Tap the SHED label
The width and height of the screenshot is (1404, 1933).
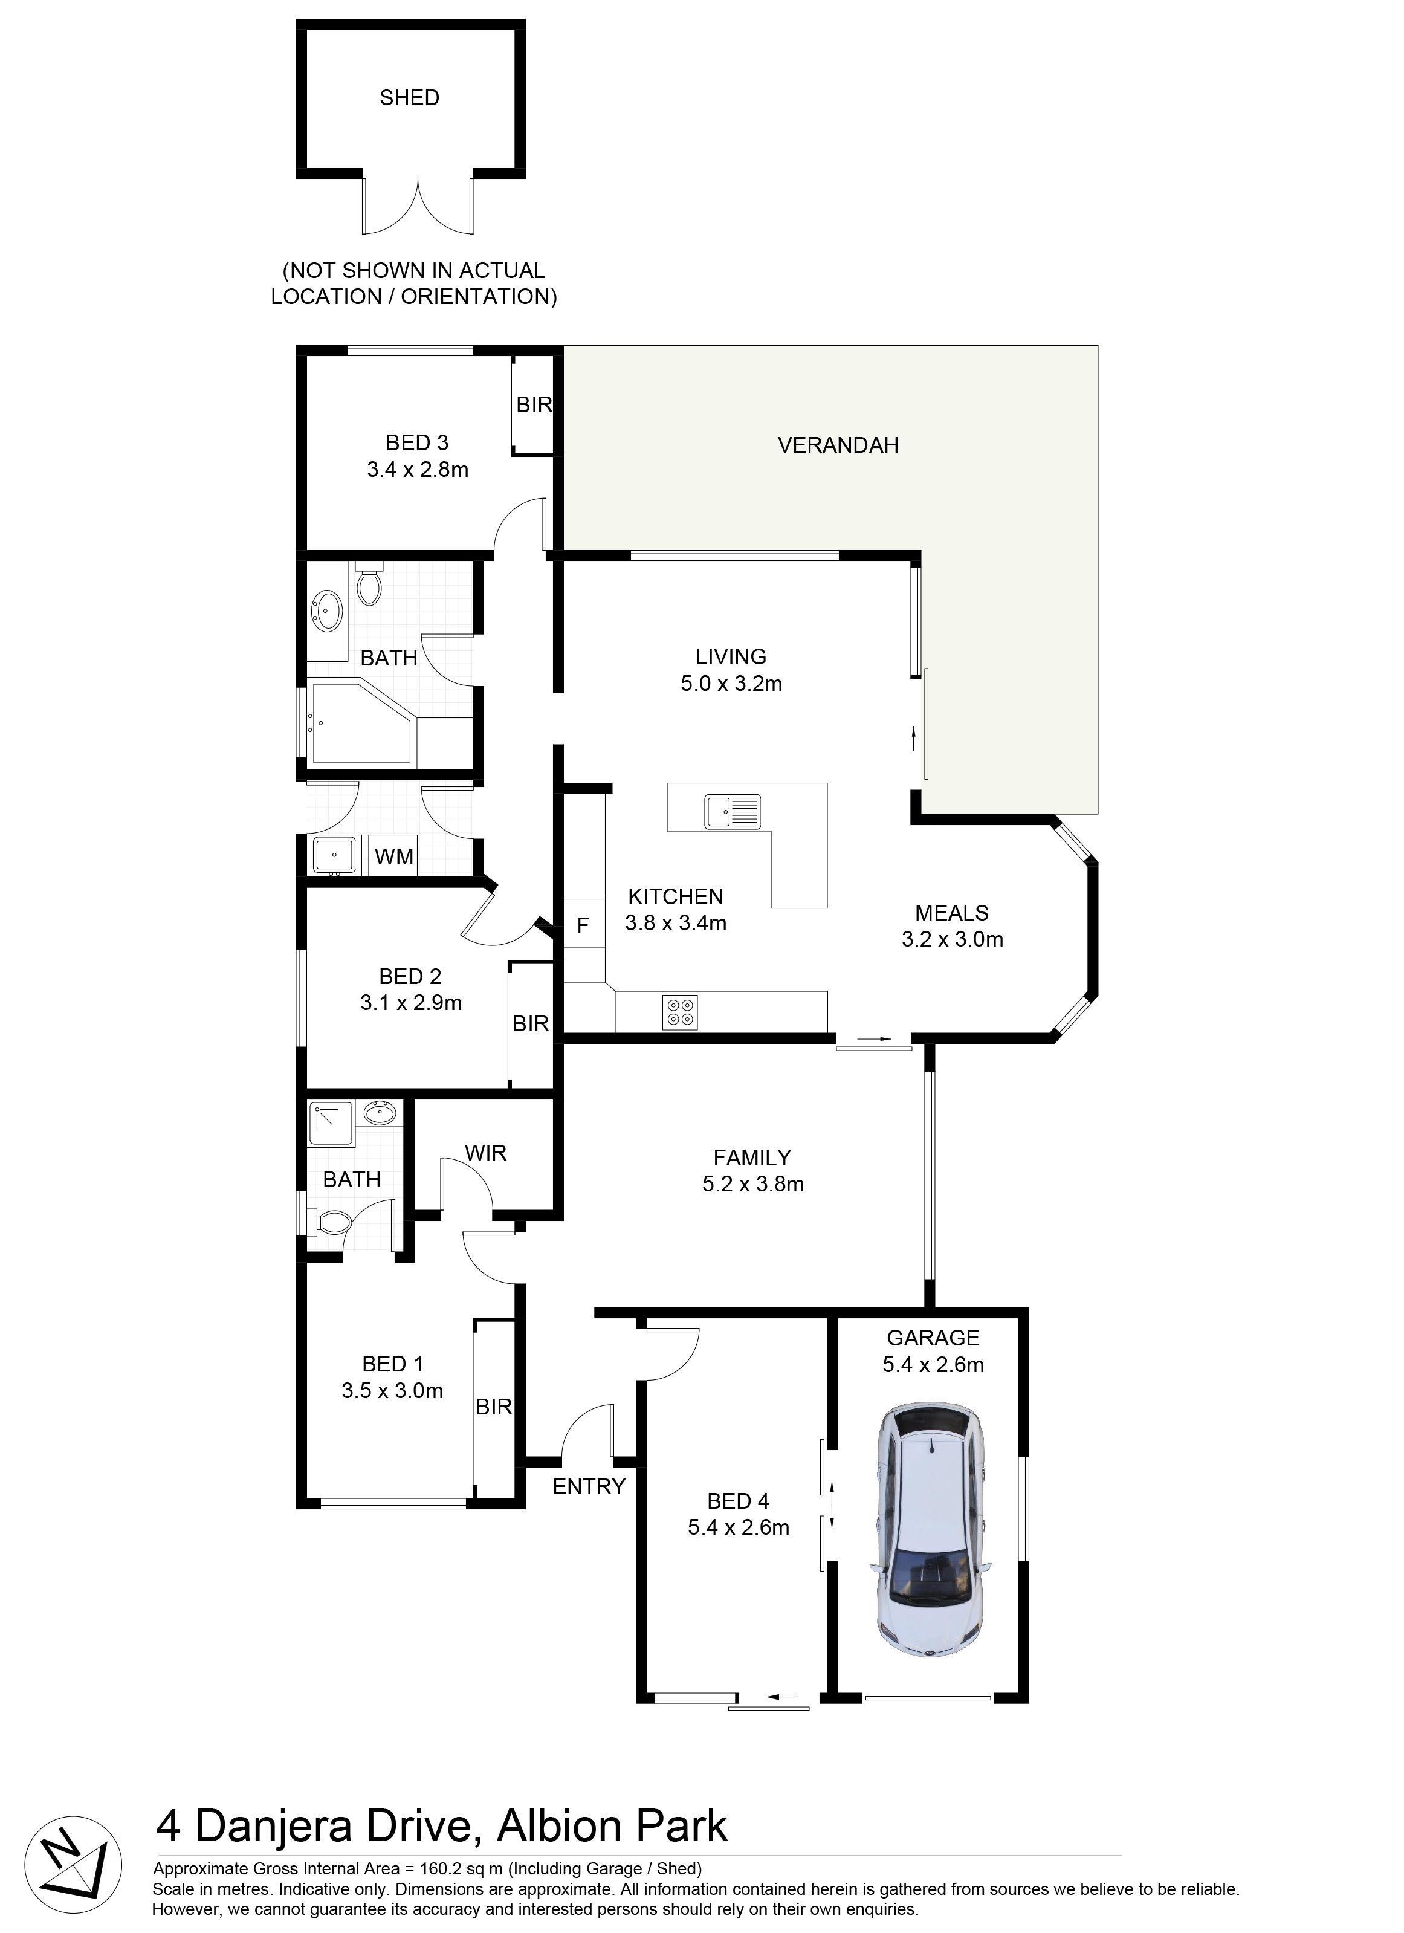pyautogui.click(x=409, y=98)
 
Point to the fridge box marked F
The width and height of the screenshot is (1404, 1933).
pyautogui.click(x=583, y=925)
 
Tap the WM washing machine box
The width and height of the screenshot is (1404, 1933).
pyautogui.click(x=394, y=856)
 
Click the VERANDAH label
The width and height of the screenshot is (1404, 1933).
pyautogui.click(x=838, y=445)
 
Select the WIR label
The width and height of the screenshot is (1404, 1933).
pyautogui.click(x=486, y=1153)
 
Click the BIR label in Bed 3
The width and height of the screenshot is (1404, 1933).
pyautogui.click(x=534, y=405)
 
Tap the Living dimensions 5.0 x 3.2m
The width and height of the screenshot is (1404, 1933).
pyautogui.click(x=731, y=684)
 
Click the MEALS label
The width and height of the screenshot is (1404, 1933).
pyautogui.click(x=952, y=913)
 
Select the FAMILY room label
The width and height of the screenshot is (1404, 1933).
pyautogui.click(x=752, y=1158)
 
